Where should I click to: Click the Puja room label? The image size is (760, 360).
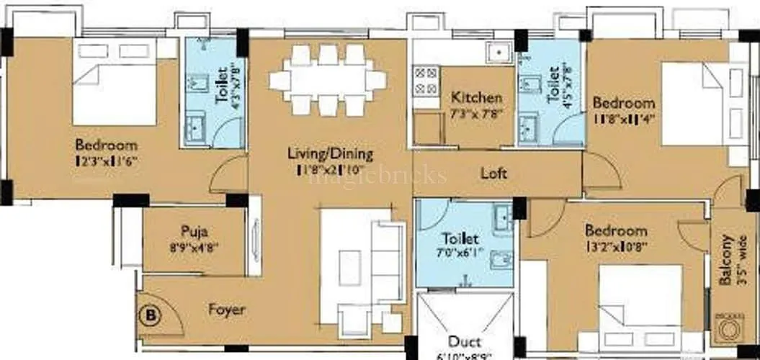pos(194,232)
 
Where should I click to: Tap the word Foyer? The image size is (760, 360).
pos(227,310)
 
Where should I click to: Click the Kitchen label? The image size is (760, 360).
pos(476,97)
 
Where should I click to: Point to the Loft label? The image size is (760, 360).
pos(493,174)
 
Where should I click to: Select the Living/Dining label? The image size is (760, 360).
pos(330,153)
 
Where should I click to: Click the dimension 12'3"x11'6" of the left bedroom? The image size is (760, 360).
pos(106,161)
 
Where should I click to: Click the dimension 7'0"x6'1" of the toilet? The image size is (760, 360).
pos(461,252)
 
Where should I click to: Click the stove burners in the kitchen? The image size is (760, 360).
pos(425,80)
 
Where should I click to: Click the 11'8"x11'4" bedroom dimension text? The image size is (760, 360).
pos(623,117)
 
